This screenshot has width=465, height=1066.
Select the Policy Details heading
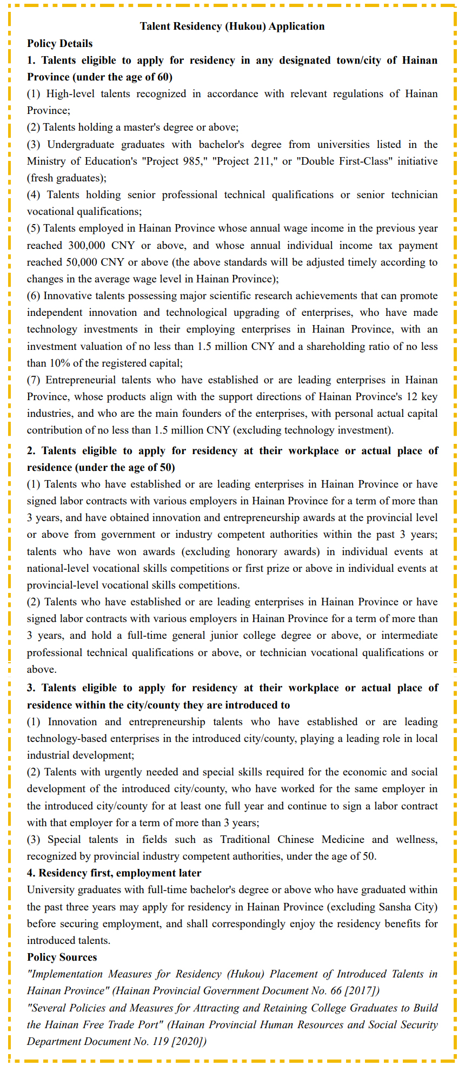point(60,44)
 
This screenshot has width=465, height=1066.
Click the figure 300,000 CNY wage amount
point(101,245)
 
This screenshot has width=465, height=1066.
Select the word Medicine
point(343,840)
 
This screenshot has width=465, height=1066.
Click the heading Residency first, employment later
point(119,873)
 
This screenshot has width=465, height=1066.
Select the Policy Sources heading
point(62,957)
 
